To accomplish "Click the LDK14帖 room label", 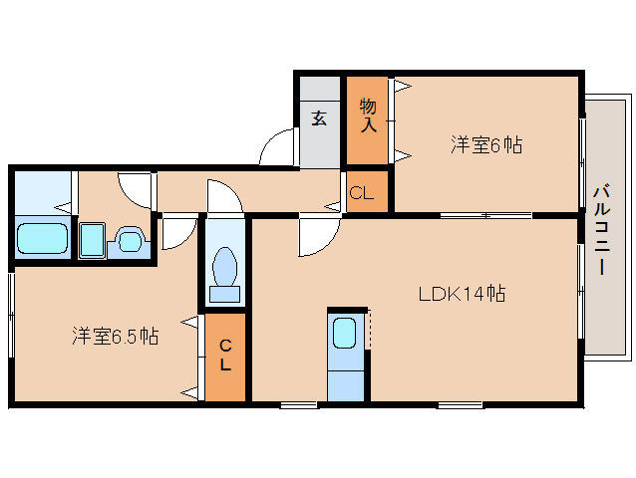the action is point(462,294).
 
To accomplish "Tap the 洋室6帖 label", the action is point(486,144).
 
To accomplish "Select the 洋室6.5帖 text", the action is point(116,336).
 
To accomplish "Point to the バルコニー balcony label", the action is point(602,230).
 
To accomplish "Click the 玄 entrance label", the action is point(319,119).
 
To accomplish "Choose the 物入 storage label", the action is point(368,116).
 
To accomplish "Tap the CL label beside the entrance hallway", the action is point(361,193).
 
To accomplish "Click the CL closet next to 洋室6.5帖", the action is point(225,356).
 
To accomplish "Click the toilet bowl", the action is point(224,266).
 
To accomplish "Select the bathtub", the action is point(42,238).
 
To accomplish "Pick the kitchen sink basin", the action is point(345,333).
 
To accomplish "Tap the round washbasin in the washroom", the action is point(130,241).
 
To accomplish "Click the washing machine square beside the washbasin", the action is point(92,240).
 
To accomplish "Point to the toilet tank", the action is point(224,294).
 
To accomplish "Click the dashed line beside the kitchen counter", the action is point(370,328).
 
